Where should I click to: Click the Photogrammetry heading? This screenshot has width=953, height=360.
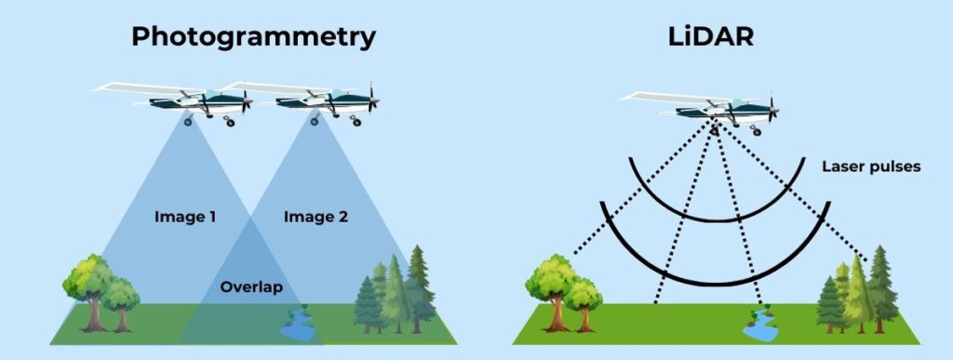(253, 36)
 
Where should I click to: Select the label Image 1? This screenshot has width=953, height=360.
(185, 218)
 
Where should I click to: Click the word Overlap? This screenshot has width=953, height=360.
(251, 287)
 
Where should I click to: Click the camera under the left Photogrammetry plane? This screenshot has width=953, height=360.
(189, 120)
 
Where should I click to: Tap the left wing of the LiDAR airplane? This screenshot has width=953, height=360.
(651, 96)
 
